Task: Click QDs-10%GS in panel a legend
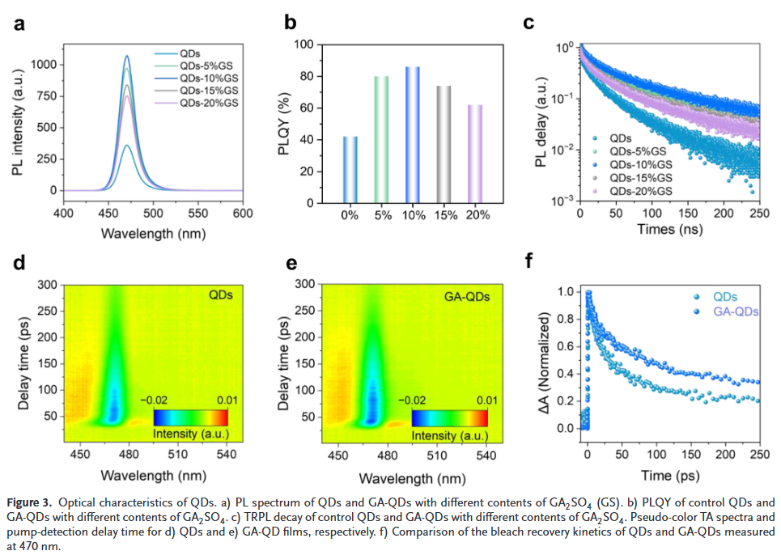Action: point(209,78)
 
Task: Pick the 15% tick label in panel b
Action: point(444,216)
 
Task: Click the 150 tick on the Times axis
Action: point(688,214)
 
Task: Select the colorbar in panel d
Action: point(189,417)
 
